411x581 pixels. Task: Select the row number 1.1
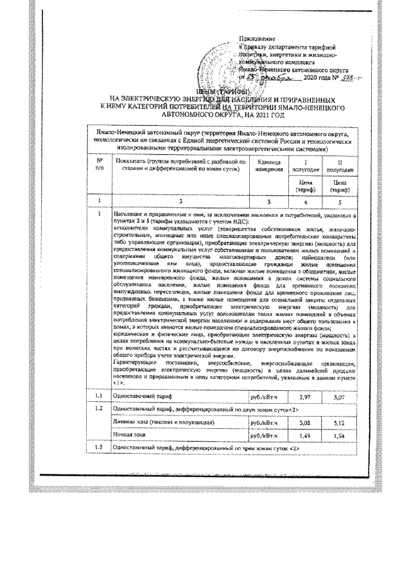[100, 399]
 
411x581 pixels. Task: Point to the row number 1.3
[100, 447]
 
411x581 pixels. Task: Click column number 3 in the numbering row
[270, 201]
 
